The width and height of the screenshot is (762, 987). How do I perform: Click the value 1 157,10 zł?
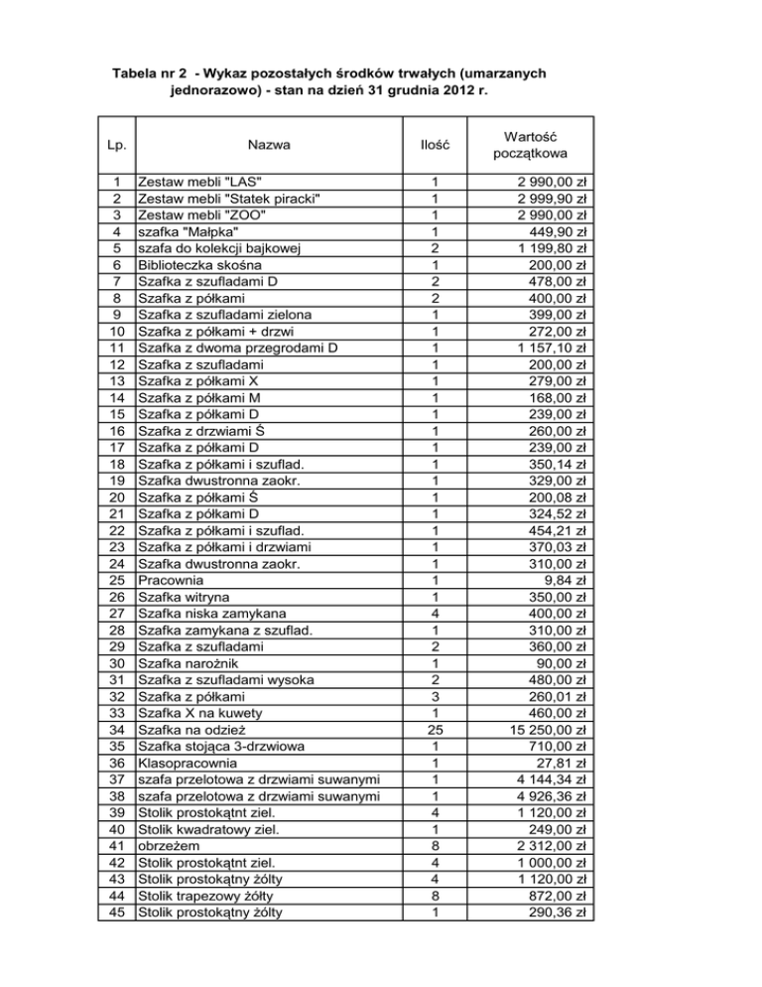pyautogui.click(x=545, y=348)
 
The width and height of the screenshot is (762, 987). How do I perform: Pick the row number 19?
pyautogui.click(x=117, y=480)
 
